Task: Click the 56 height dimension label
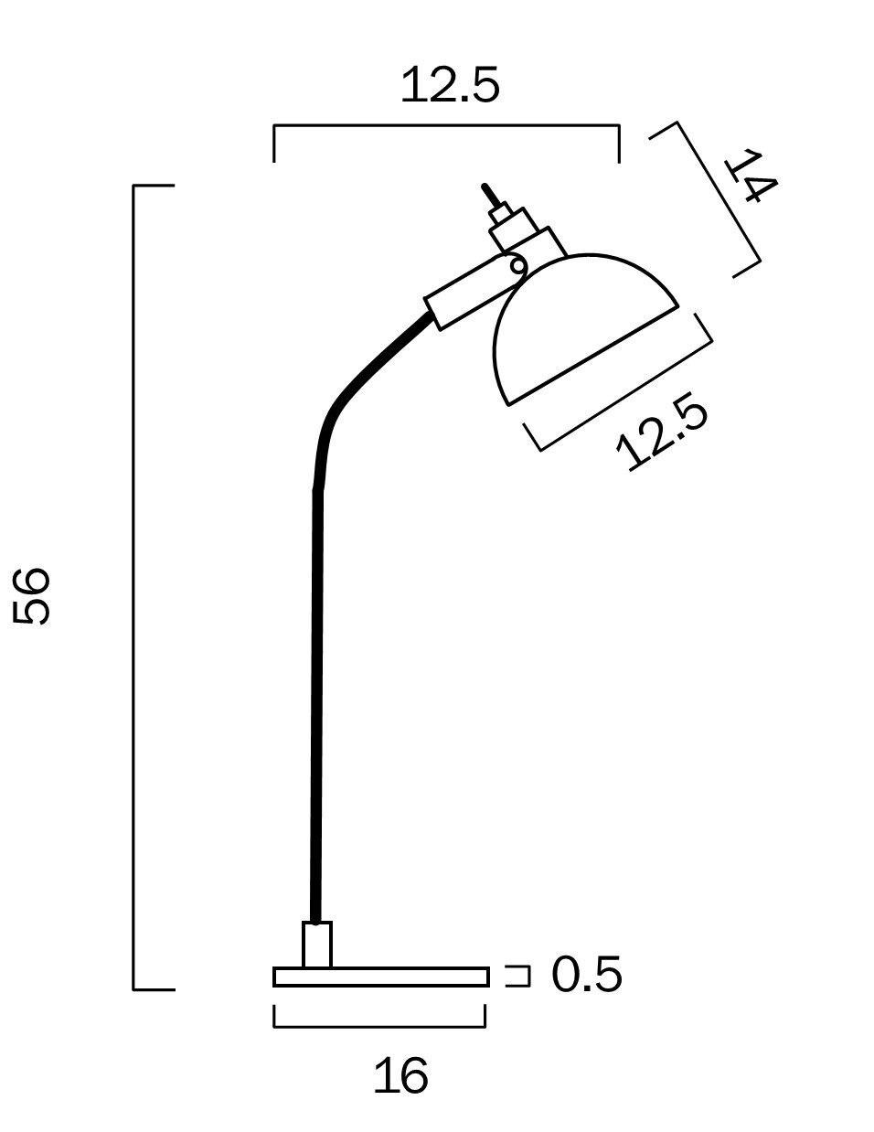[x=31, y=595]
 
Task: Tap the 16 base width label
[x=401, y=1075]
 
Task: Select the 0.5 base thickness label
[x=587, y=975]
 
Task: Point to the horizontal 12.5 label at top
[x=450, y=84]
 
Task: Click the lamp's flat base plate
[x=381, y=977]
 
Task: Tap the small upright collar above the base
[x=317, y=945]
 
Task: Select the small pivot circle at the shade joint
[x=517, y=266]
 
